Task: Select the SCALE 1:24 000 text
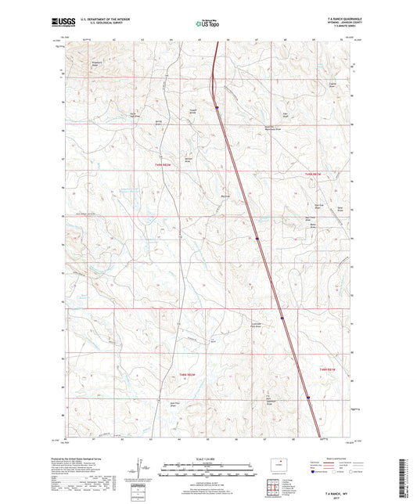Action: pyautogui.click(x=208, y=459)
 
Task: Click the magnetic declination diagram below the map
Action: pyautogui.click(x=140, y=467)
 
